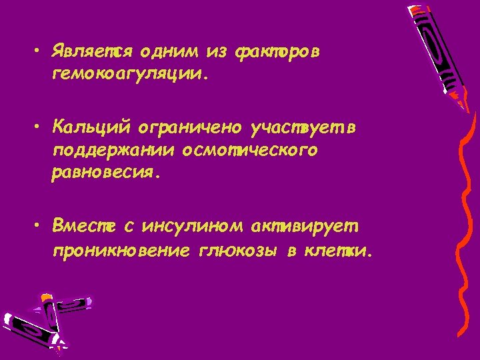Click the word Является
tap(93, 53)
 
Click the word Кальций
tap(93, 127)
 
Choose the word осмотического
tap(247, 150)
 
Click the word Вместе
tap(83, 228)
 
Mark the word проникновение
tap(119, 252)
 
